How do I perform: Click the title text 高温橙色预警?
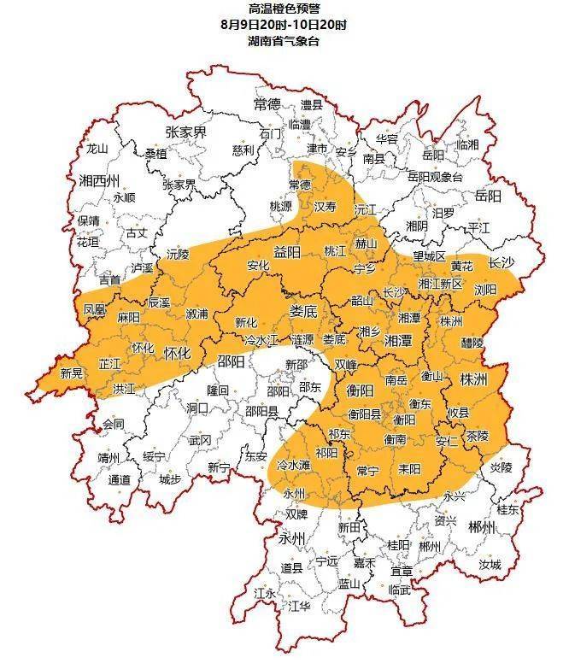point(284,9)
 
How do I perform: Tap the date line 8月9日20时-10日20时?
point(284,25)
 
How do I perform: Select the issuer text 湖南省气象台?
point(284,41)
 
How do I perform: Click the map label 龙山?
point(97,148)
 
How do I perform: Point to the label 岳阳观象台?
point(434,177)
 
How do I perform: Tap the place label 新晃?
point(72,373)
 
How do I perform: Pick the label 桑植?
point(156,154)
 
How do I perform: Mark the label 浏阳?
point(484,289)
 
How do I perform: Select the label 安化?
point(258,266)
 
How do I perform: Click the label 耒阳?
point(410,469)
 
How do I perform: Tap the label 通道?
point(119,479)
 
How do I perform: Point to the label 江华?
point(299,606)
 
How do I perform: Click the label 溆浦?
point(197,314)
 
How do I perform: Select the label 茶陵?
point(477,435)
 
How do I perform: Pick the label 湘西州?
point(98,180)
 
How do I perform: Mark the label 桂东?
point(507,510)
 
